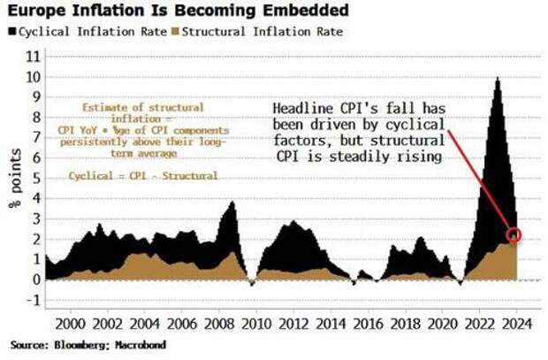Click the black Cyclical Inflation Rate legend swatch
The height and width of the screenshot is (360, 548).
click(x=11, y=32)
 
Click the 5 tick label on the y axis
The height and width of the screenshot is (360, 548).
click(x=35, y=178)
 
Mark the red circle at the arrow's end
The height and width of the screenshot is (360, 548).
click(x=515, y=235)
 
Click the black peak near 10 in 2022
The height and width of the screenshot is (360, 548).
click(x=498, y=80)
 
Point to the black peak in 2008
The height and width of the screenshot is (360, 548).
click(x=232, y=203)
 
